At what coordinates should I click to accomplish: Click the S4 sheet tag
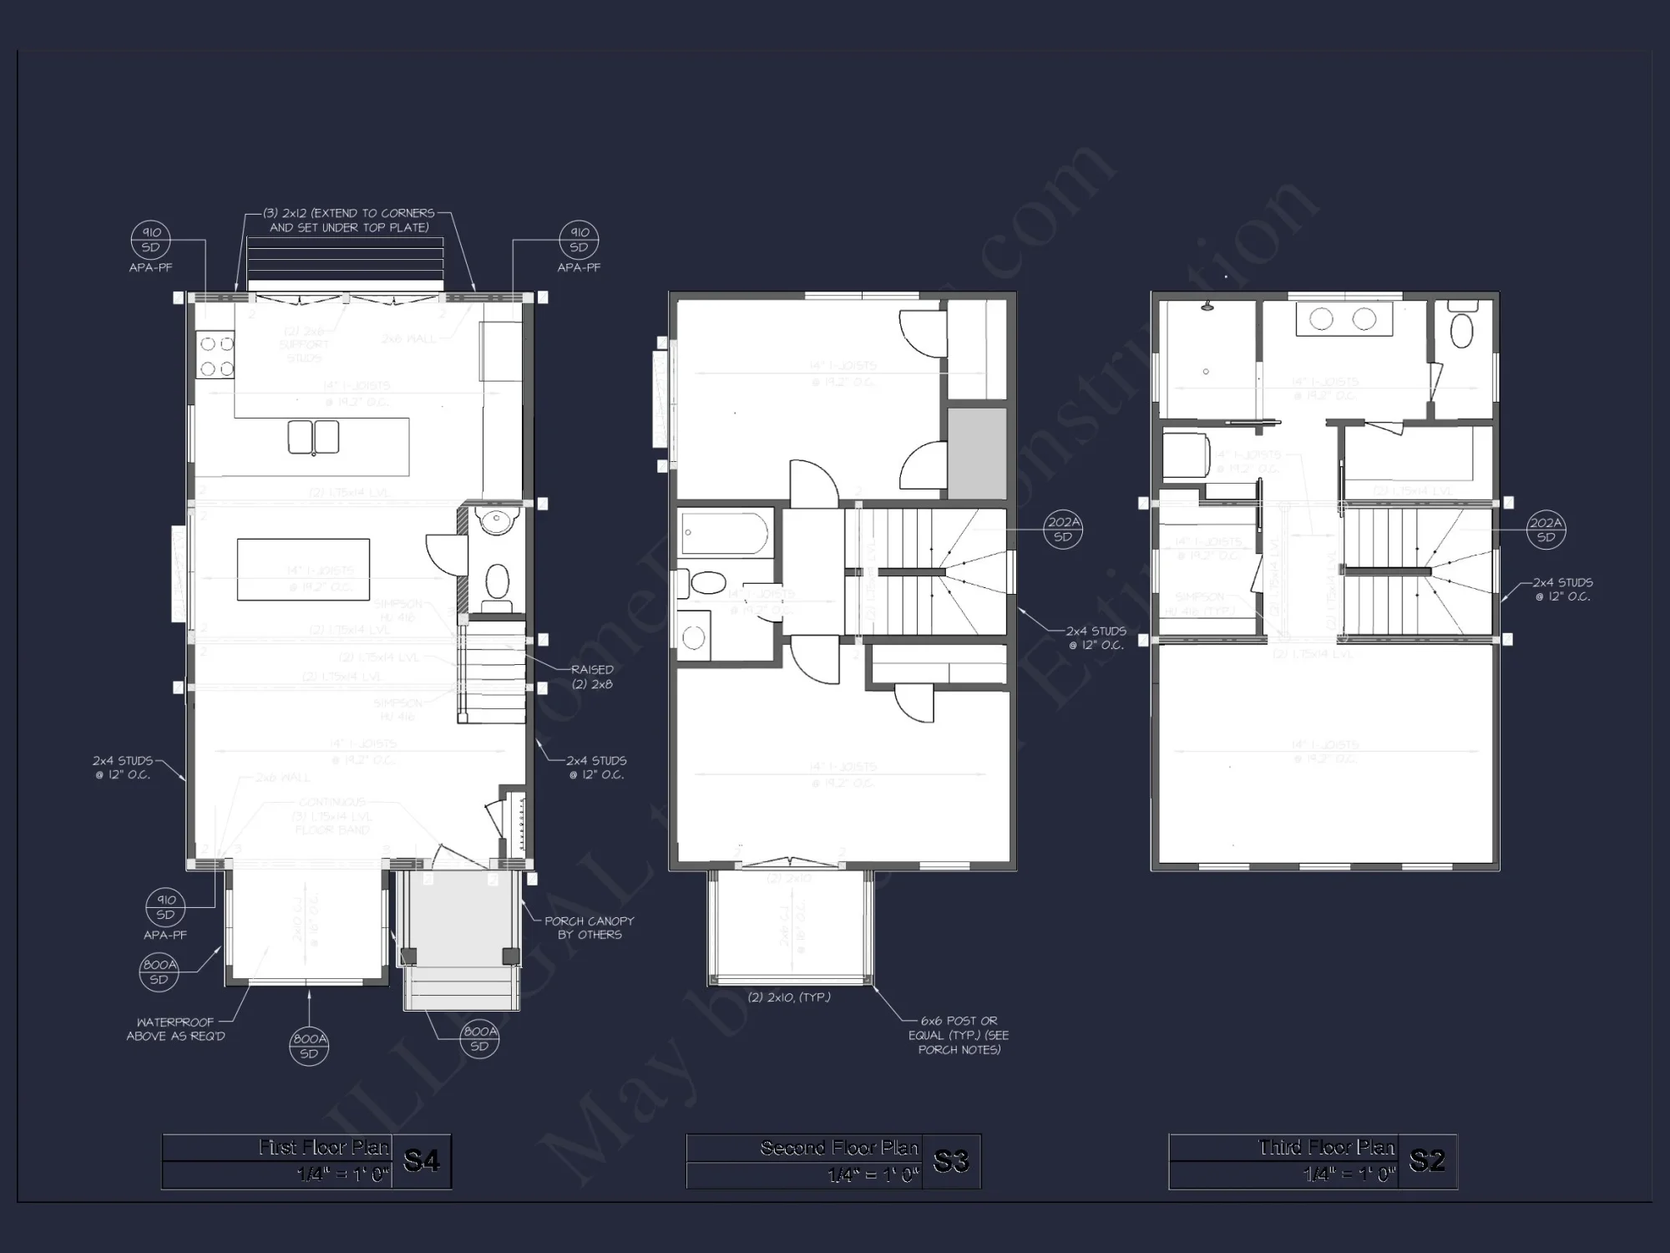pos(421,1160)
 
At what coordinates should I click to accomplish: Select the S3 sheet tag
pos(951,1160)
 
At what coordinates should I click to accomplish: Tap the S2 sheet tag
pos(1427,1160)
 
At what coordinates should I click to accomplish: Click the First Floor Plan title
pos(323,1147)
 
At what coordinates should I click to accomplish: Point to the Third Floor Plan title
pos(1326,1147)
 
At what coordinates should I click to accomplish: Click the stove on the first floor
pos(215,356)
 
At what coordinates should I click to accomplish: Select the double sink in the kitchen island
pos(313,437)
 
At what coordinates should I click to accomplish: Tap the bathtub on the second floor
pos(725,534)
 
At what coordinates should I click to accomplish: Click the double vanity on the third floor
pos(1344,319)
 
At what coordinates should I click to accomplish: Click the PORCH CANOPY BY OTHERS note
pos(589,927)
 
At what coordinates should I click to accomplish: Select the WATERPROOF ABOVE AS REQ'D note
pos(175,1029)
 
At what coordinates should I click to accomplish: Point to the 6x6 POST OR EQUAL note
pos(959,1035)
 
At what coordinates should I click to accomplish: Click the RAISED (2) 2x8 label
pos(592,677)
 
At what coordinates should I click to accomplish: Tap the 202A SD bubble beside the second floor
pos(1062,530)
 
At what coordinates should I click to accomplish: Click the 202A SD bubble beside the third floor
pos(1546,530)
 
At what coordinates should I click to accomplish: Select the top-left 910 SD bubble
pos(150,240)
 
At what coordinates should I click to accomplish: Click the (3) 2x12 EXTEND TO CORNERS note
pos(349,220)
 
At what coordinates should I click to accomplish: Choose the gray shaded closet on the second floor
pos(976,454)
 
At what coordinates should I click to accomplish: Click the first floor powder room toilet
pos(498,580)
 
